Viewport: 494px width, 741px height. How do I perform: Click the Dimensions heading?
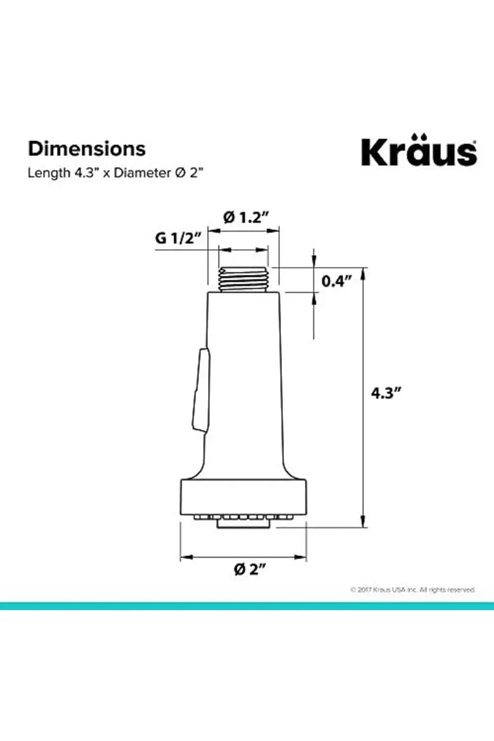click(86, 149)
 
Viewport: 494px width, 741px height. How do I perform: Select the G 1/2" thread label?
click(178, 238)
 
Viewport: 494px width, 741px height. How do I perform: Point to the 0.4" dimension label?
click(336, 281)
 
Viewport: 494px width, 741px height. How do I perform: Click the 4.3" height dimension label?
click(386, 393)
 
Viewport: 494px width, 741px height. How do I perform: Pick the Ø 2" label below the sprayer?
click(250, 569)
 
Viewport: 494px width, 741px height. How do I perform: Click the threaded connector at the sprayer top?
click(243, 280)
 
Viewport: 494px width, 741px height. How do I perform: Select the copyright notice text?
click(412, 589)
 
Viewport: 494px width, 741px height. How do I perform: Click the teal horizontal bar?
click(247, 606)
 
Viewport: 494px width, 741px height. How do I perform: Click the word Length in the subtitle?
click(49, 173)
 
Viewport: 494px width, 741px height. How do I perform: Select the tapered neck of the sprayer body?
click(243, 459)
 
